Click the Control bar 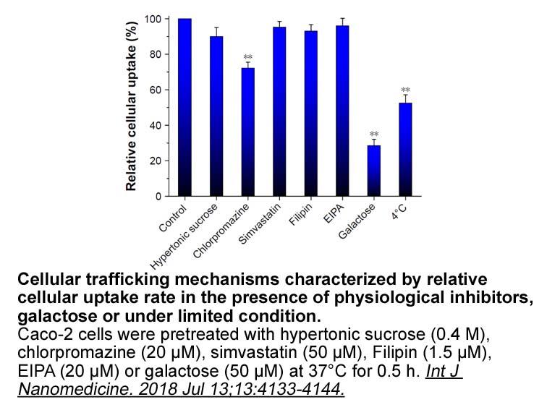pyautogui.click(x=185, y=107)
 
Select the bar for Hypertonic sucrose pyautogui.click(x=216, y=116)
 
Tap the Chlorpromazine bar pyautogui.click(x=247, y=132)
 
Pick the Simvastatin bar pyautogui.click(x=279, y=111)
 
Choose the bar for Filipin pyautogui.click(x=311, y=114)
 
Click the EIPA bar pyautogui.click(x=342, y=111)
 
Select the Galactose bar pyautogui.click(x=374, y=171)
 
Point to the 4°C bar pyautogui.click(x=405, y=150)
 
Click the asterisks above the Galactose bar pyautogui.click(x=374, y=134)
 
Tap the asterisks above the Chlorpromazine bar pyautogui.click(x=247, y=56)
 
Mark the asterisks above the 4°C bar pyautogui.click(x=405, y=90)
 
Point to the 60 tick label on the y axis pyautogui.click(x=156, y=90)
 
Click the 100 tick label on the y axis pyautogui.click(x=153, y=19)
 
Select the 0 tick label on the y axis pyautogui.click(x=158, y=197)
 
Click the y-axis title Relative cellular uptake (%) pyautogui.click(x=131, y=106)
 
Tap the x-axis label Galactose pyautogui.click(x=357, y=221)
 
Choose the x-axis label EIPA pyautogui.click(x=334, y=213)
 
